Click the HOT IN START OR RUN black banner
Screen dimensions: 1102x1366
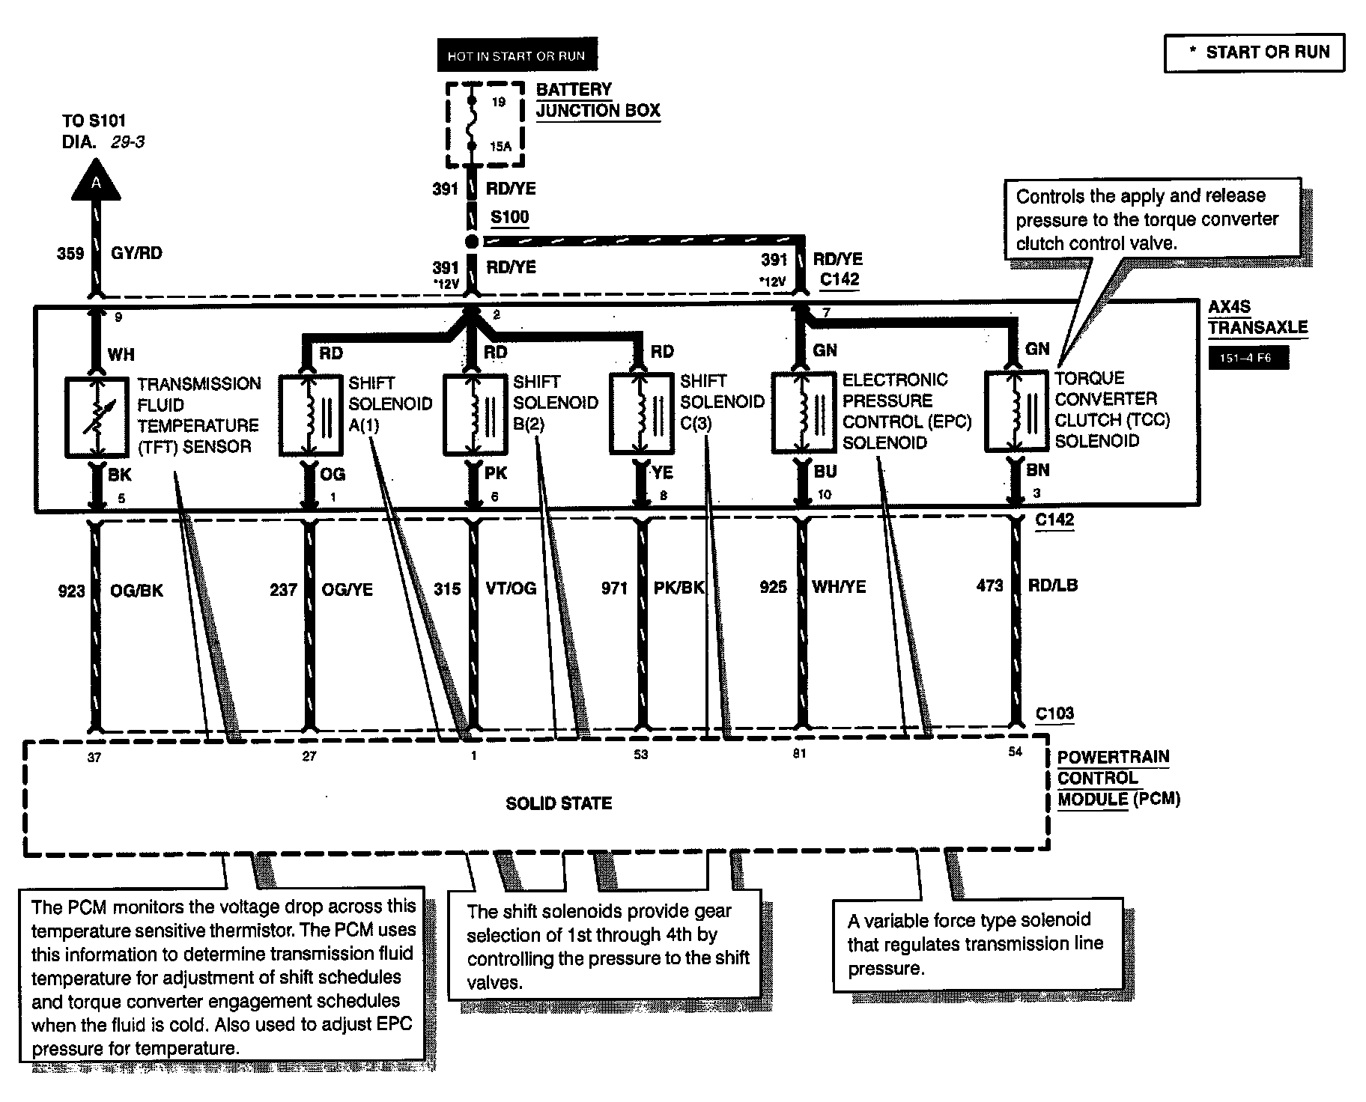pos(516,55)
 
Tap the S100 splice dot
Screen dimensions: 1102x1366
pos(472,241)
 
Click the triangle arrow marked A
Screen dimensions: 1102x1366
pos(96,183)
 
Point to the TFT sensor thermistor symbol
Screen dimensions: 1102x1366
pos(96,417)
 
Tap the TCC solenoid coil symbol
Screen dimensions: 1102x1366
pos(1016,411)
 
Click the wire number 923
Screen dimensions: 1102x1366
pos(71,591)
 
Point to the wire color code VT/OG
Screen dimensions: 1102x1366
pos(512,588)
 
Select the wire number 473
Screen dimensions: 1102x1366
pos(989,585)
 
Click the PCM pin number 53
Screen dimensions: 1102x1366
pos(641,755)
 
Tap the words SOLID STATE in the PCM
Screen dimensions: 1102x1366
pos(559,803)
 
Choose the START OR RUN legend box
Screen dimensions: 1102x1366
pos(1254,52)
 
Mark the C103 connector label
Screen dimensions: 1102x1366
pos(1054,713)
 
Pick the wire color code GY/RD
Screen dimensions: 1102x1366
pos(136,253)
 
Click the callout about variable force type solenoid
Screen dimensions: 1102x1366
pos(977,944)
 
